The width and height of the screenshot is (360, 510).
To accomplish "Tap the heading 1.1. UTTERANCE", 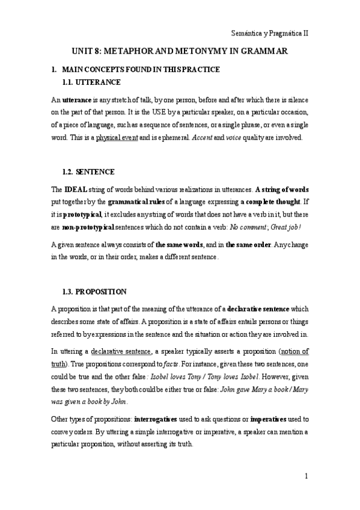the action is [91, 82].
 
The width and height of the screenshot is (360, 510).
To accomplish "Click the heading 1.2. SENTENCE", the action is [88, 171].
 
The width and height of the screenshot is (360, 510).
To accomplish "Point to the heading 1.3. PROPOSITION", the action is [94, 292].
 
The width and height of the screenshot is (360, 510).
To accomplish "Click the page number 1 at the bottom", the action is [307, 476].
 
